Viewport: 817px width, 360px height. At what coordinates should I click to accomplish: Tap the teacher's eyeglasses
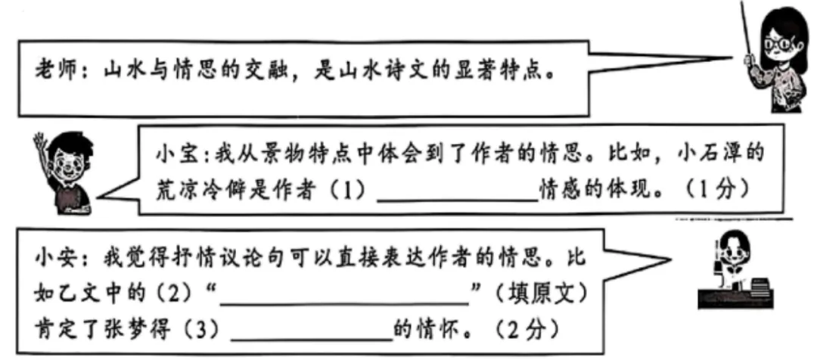pyautogui.click(x=779, y=45)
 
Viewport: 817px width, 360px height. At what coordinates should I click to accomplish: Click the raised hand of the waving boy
pyautogui.click(x=41, y=144)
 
